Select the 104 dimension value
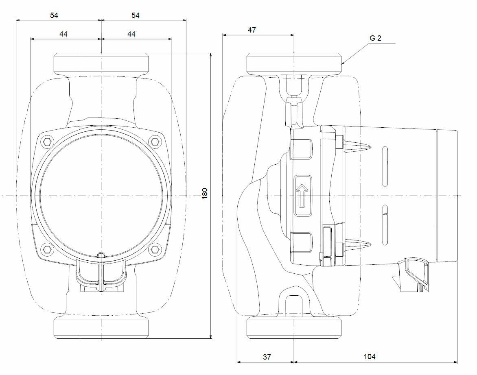(369, 357)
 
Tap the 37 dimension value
(267, 357)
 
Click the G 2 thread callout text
(376, 38)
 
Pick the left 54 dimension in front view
(54, 15)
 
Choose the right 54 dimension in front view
(135, 15)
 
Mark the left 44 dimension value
(63, 34)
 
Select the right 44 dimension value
(131, 34)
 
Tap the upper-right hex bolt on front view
(154, 142)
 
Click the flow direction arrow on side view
(302, 195)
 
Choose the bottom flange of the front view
(101, 329)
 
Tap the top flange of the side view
(293, 63)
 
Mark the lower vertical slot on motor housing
(385, 226)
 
